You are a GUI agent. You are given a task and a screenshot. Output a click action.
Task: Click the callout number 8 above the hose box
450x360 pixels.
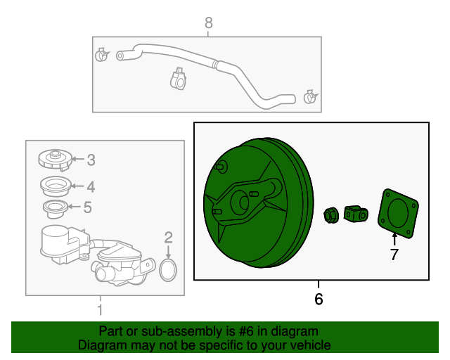click(x=209, y=22)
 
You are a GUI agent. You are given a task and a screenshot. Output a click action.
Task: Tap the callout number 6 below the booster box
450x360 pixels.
click(x=319, y=299)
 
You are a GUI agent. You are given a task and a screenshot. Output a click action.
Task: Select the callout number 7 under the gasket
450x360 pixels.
click(x=394, y=255)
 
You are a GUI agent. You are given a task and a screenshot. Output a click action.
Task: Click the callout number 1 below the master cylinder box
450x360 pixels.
click(x=100, y=310)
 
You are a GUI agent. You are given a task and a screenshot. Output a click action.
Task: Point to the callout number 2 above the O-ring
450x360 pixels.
click(x=169, y=238)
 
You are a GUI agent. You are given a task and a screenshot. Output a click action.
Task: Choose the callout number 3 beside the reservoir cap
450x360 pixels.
click(x=91, y=160)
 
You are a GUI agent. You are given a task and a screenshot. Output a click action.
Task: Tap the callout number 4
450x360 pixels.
click(x=91, y=187)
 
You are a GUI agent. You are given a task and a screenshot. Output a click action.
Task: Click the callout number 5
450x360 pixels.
click(x=87, y=207)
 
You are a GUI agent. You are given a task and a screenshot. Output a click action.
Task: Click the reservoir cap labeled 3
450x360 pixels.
click(x=55, y=160)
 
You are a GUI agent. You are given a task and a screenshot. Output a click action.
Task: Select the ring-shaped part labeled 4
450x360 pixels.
click(x=56, y=186)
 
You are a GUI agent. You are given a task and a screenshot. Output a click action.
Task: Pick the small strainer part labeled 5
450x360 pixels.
click(x=56, y=209)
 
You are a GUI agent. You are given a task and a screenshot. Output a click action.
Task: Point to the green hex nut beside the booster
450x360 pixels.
click(x=331, y=215)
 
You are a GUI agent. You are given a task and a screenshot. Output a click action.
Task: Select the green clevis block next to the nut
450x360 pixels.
click(x=356, y=214)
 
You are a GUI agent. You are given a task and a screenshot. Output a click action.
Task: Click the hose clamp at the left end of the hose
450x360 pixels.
click(x=101, y=55)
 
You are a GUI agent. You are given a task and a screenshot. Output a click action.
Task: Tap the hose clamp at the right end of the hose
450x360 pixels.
click(x=311, y=97)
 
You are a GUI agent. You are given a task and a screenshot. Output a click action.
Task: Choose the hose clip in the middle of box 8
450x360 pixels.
click(x=178, y=78)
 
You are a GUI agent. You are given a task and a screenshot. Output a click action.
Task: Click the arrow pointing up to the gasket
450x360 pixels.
click(x=394, y=240)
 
